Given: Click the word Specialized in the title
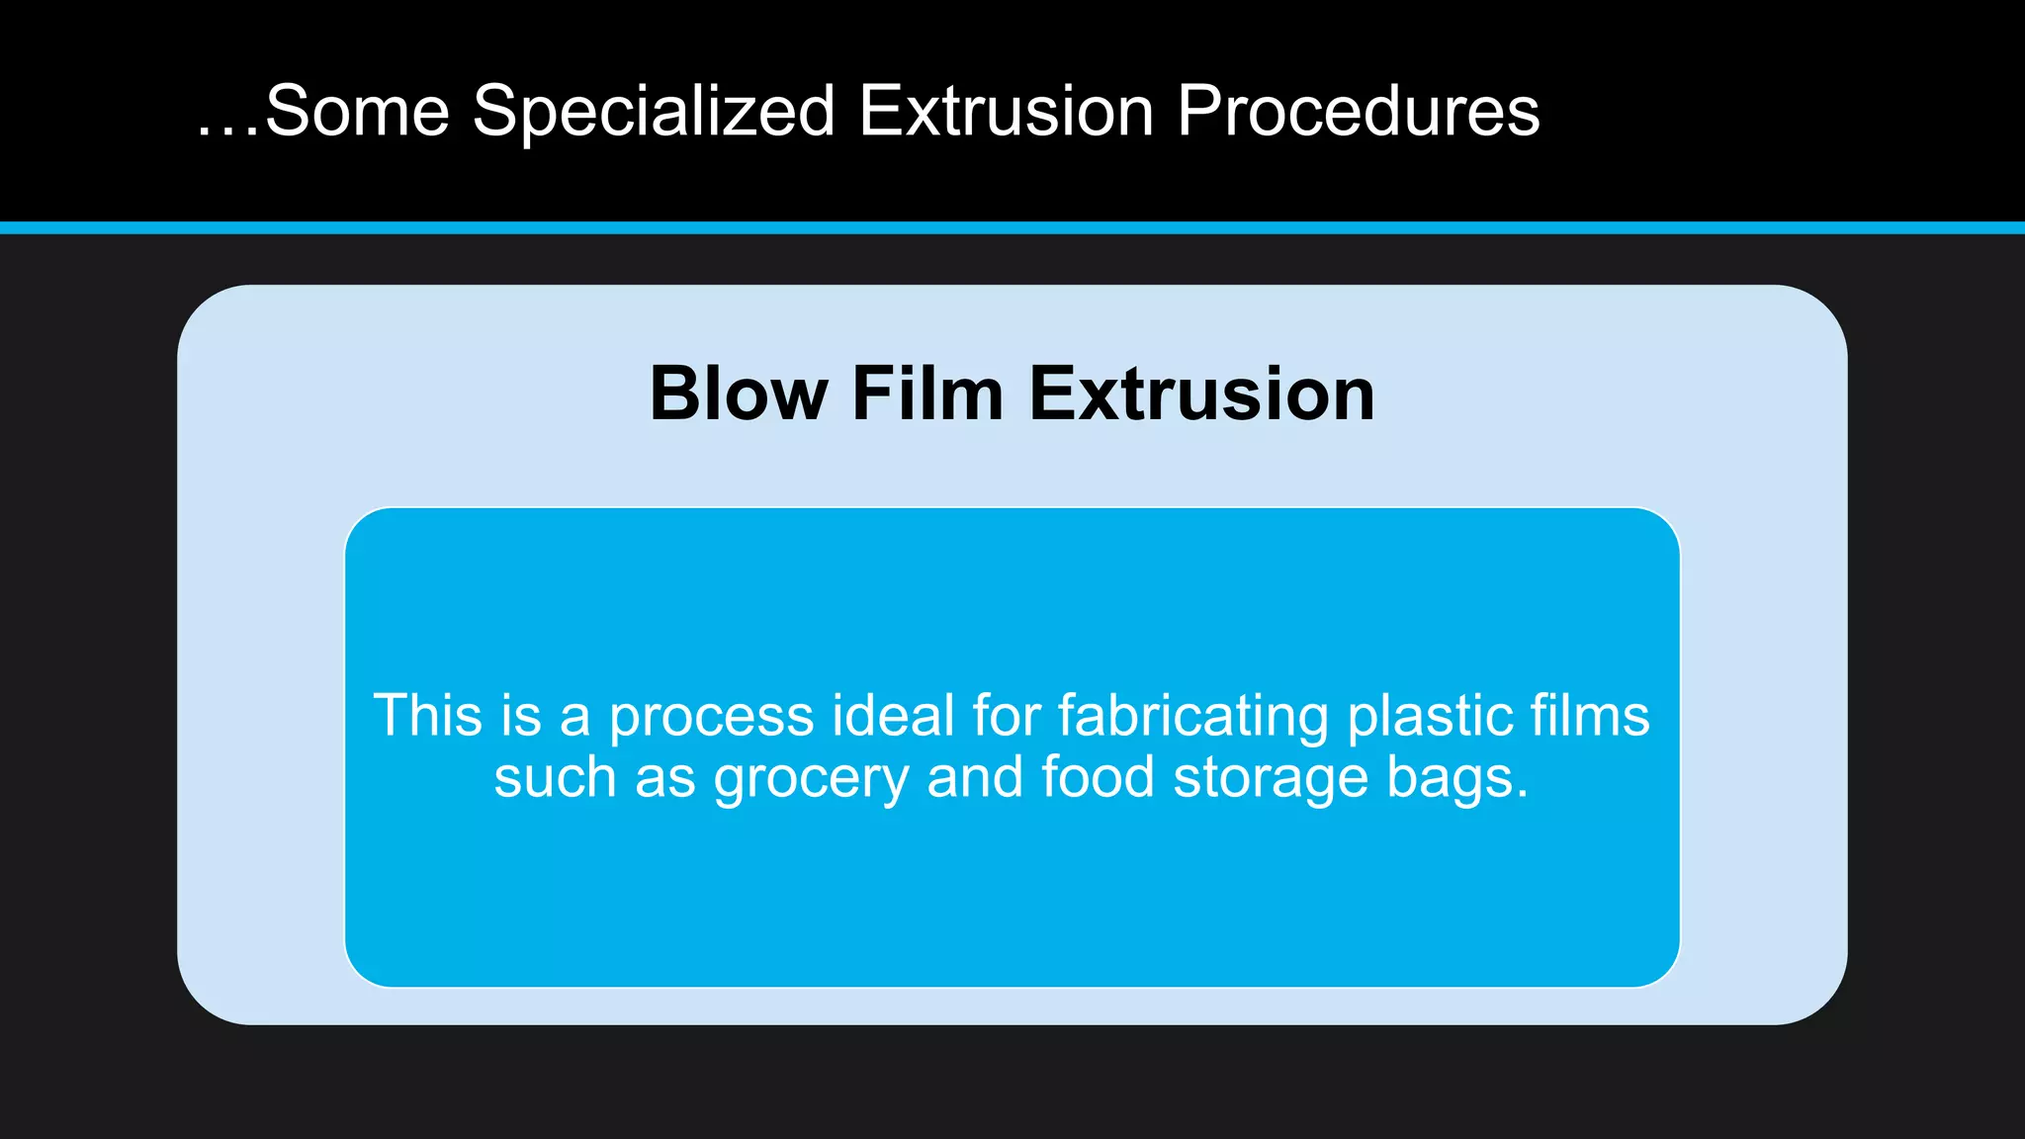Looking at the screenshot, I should (x=654, y=111).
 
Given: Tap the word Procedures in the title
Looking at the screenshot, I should (x=1358, y=111).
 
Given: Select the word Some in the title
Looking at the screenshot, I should (x=357, y=111).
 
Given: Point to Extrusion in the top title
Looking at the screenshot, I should (x=1006, y=111).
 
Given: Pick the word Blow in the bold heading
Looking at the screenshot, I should (x=738, y=394).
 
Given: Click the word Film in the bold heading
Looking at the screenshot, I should (x=927, y=394).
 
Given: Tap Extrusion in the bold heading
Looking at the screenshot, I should (x=1201, y=394).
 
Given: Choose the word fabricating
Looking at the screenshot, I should (x=1192, y=717).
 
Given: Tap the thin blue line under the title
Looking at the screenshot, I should (x=1012, y=227).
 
